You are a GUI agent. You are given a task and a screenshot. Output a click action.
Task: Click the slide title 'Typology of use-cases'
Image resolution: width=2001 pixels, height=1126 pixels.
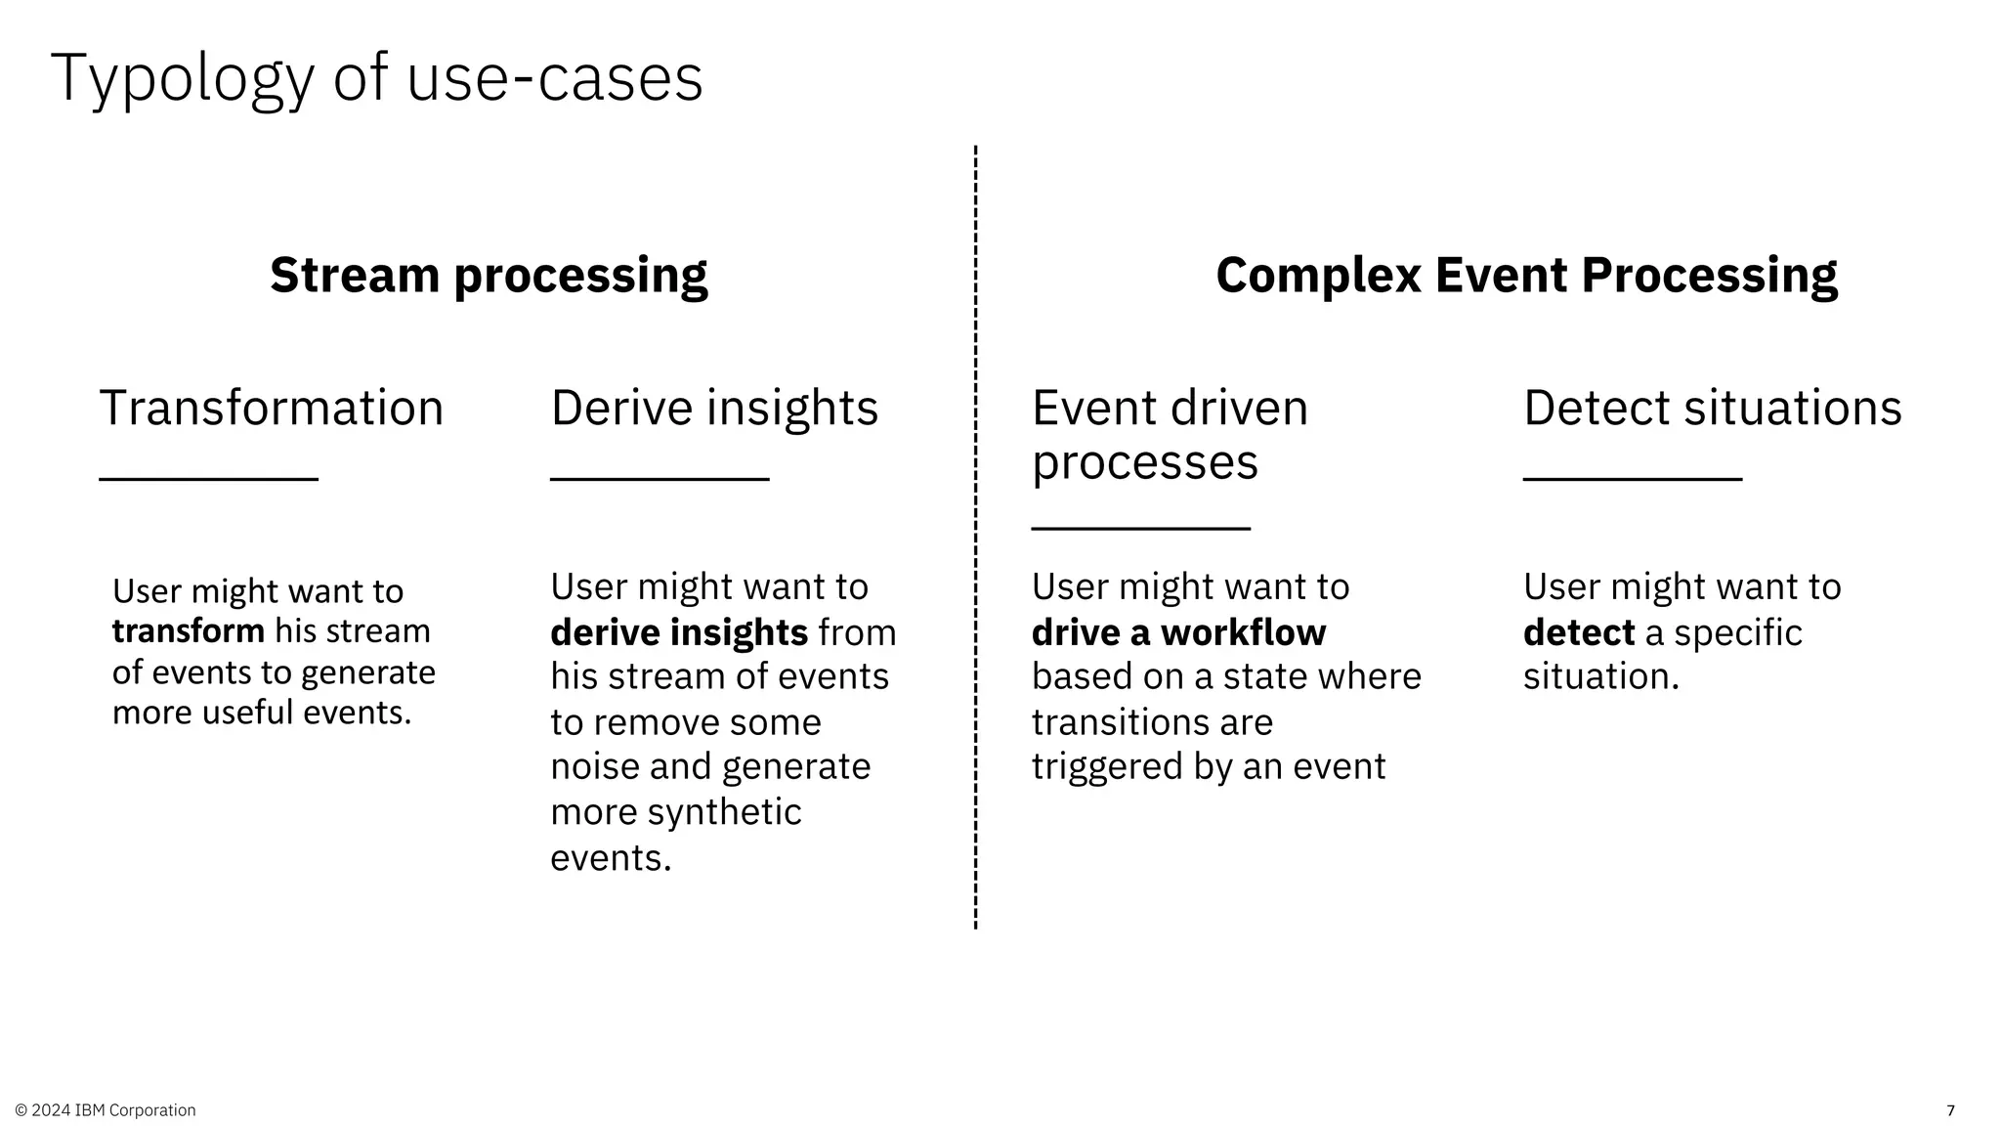[376, 78]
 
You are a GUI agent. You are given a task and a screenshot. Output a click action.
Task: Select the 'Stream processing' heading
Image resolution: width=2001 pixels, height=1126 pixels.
[489, 275]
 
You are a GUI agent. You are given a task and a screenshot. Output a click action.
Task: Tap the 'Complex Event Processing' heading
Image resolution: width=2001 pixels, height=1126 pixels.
[1526, 275]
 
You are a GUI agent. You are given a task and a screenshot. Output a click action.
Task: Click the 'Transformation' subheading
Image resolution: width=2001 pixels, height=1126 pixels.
[272, 408]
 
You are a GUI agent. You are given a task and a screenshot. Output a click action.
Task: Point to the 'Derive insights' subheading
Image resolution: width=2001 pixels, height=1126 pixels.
[714, 408]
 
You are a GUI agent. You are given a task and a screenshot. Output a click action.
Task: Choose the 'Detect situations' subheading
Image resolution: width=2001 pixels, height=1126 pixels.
[1712, 408]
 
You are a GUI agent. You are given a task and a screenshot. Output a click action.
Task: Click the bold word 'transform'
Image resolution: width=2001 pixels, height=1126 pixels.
[189, 631]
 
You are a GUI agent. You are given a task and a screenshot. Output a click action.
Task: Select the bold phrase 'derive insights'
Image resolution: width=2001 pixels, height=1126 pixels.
[679, 632]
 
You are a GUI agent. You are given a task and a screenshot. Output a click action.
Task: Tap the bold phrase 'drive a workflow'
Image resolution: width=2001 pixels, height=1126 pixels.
[1178, 632]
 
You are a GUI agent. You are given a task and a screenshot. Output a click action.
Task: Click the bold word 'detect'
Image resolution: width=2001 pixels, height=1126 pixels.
[1578, 632]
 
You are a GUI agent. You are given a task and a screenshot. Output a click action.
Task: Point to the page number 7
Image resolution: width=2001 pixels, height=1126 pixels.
[1951, 1110]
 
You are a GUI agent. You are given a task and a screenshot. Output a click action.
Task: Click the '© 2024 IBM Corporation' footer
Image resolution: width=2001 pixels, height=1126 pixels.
[106, 1110]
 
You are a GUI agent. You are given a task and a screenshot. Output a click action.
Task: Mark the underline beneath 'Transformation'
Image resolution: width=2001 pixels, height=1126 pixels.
[209, 479]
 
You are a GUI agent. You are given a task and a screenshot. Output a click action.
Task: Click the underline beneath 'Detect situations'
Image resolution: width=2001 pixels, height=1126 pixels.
[1633, 479]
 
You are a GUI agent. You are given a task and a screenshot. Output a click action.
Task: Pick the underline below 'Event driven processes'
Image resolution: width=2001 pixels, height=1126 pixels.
[1141, 528]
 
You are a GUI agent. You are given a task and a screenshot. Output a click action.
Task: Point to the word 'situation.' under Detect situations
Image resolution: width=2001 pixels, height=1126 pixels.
[1600, 676]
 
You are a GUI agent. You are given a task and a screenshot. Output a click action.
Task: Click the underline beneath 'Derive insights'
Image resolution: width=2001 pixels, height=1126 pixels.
[660, 479]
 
